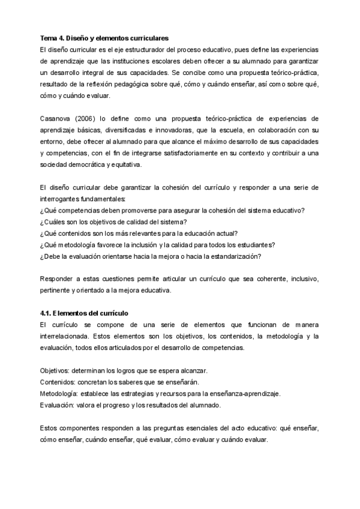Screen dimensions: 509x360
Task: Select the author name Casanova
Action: click(56, 119)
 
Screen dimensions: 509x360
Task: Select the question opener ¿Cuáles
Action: click(53, 222)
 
